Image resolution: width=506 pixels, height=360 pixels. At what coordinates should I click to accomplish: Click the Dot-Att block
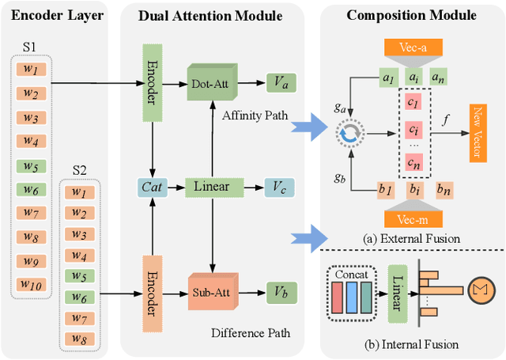pyautogui.click(x=211, y=82)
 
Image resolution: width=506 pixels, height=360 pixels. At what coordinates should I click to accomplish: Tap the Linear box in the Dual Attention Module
pyautogui.click(x=210, y=187)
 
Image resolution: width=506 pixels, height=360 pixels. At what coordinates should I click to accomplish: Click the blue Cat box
pyautogui.click(x=150, y=187)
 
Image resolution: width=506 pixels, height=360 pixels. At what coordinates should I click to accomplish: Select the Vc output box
pyautogui.click(x=281, y=187)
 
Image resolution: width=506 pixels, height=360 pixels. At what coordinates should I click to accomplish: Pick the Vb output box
pyautogui.click(x=281, y=290)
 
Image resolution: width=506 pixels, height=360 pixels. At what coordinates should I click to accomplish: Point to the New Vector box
pyautogui.click(x=478, y=133)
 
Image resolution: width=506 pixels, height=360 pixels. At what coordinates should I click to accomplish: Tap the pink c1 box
pyautogui.click(x=412, y=103)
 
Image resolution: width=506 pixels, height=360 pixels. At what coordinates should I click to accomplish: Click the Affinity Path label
pyautogui.click(x=255, y=116)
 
